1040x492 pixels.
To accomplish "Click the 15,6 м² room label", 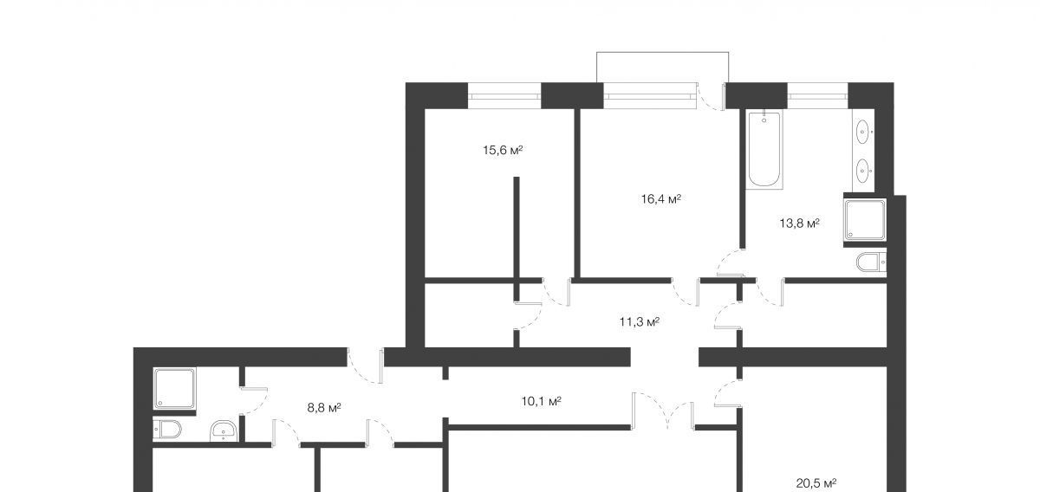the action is tap(503, 151).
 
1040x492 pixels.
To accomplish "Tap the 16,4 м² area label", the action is tap(661, 199).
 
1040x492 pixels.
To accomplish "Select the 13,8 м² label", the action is tap(799, 223).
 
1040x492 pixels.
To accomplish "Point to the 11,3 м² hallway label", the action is tap(640, 321).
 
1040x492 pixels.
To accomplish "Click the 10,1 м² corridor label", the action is tap(542, 401).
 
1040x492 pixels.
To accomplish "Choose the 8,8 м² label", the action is tap(324, 408).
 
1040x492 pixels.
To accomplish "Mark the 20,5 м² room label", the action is tap(816, 483).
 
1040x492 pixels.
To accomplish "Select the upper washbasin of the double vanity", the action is tap(862, 133).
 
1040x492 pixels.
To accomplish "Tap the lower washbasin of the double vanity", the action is tap(862, 171).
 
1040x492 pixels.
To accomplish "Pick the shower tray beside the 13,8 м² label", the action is tap(865, 220).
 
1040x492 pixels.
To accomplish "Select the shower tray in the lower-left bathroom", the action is tap(174, 389).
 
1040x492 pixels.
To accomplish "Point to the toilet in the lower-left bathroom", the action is tap(167, 430).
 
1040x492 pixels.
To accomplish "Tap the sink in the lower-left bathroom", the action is tap(224, 430).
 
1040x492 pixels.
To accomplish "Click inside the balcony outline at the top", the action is tap(662, 68).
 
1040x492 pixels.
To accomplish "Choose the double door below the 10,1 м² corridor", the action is tap(662, 411).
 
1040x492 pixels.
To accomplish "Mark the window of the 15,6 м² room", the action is tap(504, 96).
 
